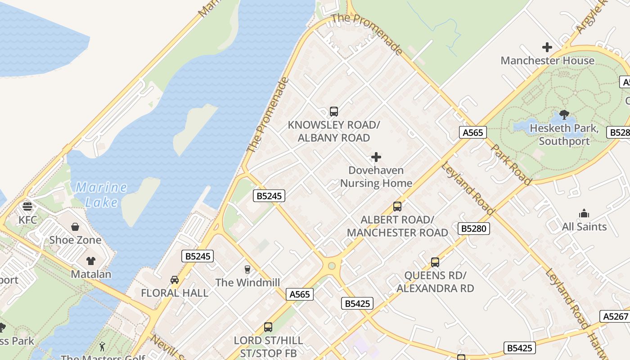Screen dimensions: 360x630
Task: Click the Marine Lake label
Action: click(101, 194)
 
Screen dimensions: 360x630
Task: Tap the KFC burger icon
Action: click(27, 207)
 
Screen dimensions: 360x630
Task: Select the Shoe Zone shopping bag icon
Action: click(75, 227)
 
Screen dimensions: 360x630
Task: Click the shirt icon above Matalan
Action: click(91, 261)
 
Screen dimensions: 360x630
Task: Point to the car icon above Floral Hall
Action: click(175, 280)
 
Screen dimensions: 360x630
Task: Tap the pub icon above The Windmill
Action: click(247, 270)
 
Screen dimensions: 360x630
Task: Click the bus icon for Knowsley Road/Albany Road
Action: click(333, 112)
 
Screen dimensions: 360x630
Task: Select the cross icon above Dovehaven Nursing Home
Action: click(376, 157)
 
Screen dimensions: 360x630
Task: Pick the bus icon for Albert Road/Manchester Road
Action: click(397, 207)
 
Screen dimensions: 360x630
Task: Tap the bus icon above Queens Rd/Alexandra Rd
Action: click(435, 262)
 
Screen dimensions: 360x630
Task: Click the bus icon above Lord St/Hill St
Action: click(268, 327)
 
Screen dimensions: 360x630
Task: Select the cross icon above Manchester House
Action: click(547, 47)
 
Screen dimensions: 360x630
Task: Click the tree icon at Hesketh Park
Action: click(564, 115)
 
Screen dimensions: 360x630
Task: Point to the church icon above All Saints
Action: click(584, 213)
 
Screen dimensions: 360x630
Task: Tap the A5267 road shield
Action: click(615, 316)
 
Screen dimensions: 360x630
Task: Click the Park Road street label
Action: click(511, 164)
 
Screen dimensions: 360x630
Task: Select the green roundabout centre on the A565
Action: click(332, 266)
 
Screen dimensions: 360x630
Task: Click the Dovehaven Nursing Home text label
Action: click(376, 177)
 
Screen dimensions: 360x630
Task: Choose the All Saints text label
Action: click(584, 227)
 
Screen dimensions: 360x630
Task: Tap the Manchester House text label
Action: click(547, 61)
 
